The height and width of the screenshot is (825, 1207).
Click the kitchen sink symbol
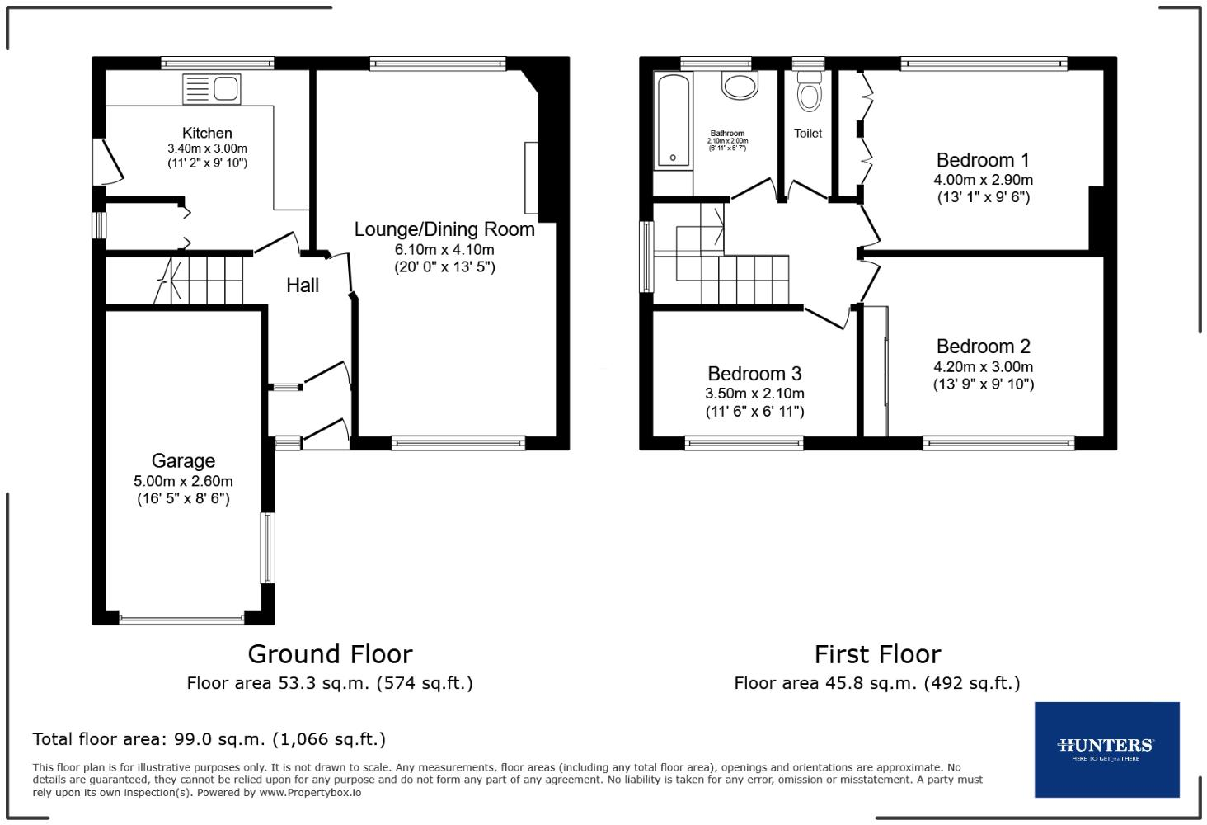click(x=212, y=88)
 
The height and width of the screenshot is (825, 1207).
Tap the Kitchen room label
click(x=207, y=133)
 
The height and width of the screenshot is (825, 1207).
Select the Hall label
click(x=303, y=285)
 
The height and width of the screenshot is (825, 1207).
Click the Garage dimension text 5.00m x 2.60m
click(x=183, y=481)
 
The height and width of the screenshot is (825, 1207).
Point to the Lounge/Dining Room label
click(x=444, y=229)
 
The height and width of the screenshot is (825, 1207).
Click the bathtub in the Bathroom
click(x=674, y=120)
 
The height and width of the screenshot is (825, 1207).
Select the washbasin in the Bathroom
click(x=739, y=85)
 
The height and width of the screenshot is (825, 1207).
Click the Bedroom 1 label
click(x=983, y=160)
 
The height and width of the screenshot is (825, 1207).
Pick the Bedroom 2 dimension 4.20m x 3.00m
click(x=983, y=367)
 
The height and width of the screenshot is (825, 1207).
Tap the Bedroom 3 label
click(x=754, y=374)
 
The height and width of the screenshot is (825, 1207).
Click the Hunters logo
click(x=1106, y=749)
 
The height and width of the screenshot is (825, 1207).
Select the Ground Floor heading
click(x=330, y=654)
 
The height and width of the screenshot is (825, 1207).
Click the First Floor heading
click(x=877, y=654)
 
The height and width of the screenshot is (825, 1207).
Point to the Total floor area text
click(x=209, y=739)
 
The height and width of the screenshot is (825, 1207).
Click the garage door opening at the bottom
click(x=182, y=618)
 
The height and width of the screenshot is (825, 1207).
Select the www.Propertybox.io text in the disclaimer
click(x=310, y=793)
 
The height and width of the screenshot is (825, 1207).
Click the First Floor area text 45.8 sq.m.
click(x=877, y=683)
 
